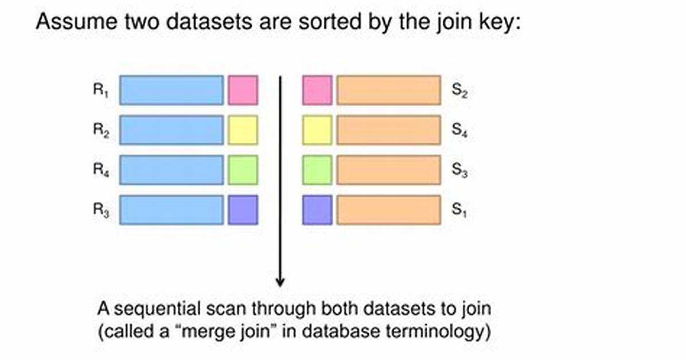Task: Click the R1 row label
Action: [x=100, y=91]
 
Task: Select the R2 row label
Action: [x=101, y=130]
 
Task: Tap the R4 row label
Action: [x=101, y=170]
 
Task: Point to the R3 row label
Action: [x=101, y=210]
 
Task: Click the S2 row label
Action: [x=460, y=91]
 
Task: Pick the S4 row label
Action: [x=460, y=130]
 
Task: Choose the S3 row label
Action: [x=460, y=170]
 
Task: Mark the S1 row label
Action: [x=459, y=210]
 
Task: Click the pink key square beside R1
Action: [x=243, y=90]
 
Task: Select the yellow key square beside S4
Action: [x=317, y=130]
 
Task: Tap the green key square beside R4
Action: [x=243, y=170]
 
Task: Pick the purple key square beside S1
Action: [x=317, y=210]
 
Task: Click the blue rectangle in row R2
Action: [x=171, y=130]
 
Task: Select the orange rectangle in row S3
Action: [x=388, y=170]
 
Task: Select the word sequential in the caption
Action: [x=158, y=309]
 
